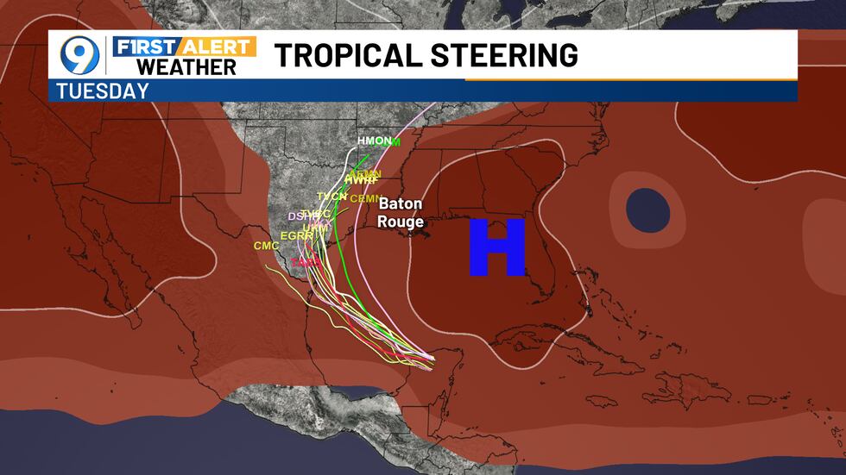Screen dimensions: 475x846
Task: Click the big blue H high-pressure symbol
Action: tap(497, 247)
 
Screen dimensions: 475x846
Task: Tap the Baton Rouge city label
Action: tap(400, 213)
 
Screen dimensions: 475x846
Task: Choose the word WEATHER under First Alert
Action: tap(186, 66)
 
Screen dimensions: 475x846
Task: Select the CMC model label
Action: tap(266, 247)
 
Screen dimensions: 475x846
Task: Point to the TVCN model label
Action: tap(331, 197)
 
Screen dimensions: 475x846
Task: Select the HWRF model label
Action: tap(360, 179)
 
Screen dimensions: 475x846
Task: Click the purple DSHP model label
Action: tap(296, 216)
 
